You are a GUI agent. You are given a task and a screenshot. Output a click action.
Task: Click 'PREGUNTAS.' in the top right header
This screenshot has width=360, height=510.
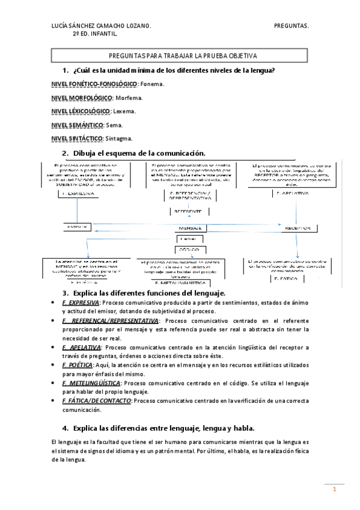tap(291, 26)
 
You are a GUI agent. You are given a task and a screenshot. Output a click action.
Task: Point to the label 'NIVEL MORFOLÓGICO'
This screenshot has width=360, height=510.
tap(82, 97)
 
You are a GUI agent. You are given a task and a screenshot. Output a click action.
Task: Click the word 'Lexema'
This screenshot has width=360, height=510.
tap(125, 111)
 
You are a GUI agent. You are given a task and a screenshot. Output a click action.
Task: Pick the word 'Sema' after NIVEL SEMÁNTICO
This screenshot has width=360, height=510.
tap(114, 125)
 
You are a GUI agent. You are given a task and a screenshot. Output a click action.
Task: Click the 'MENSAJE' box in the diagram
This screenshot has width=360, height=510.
tap(189, 229)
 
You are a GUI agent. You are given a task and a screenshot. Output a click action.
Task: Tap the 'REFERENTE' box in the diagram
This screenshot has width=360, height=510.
tap(188, 212)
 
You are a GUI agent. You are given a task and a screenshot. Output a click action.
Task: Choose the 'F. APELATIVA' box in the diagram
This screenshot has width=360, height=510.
tap(293, 193)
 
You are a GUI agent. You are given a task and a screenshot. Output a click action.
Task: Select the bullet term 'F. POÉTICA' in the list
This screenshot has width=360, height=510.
tap(78, 365)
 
